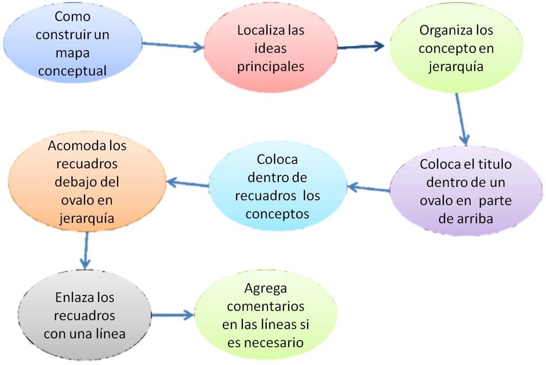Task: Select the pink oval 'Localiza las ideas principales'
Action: click(x=270, y=48)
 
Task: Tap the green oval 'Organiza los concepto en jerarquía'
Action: click(x=456, y=48)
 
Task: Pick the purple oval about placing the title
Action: click(x=466, y=191)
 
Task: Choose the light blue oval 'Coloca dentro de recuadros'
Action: click(x=277, y=186)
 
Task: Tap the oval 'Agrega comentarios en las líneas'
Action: click(x=265, y=316)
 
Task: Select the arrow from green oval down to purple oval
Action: click(x=462, y=118)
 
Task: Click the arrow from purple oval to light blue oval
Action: click(x=369, y=188)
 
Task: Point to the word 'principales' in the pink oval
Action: click(x=270, y=66)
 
